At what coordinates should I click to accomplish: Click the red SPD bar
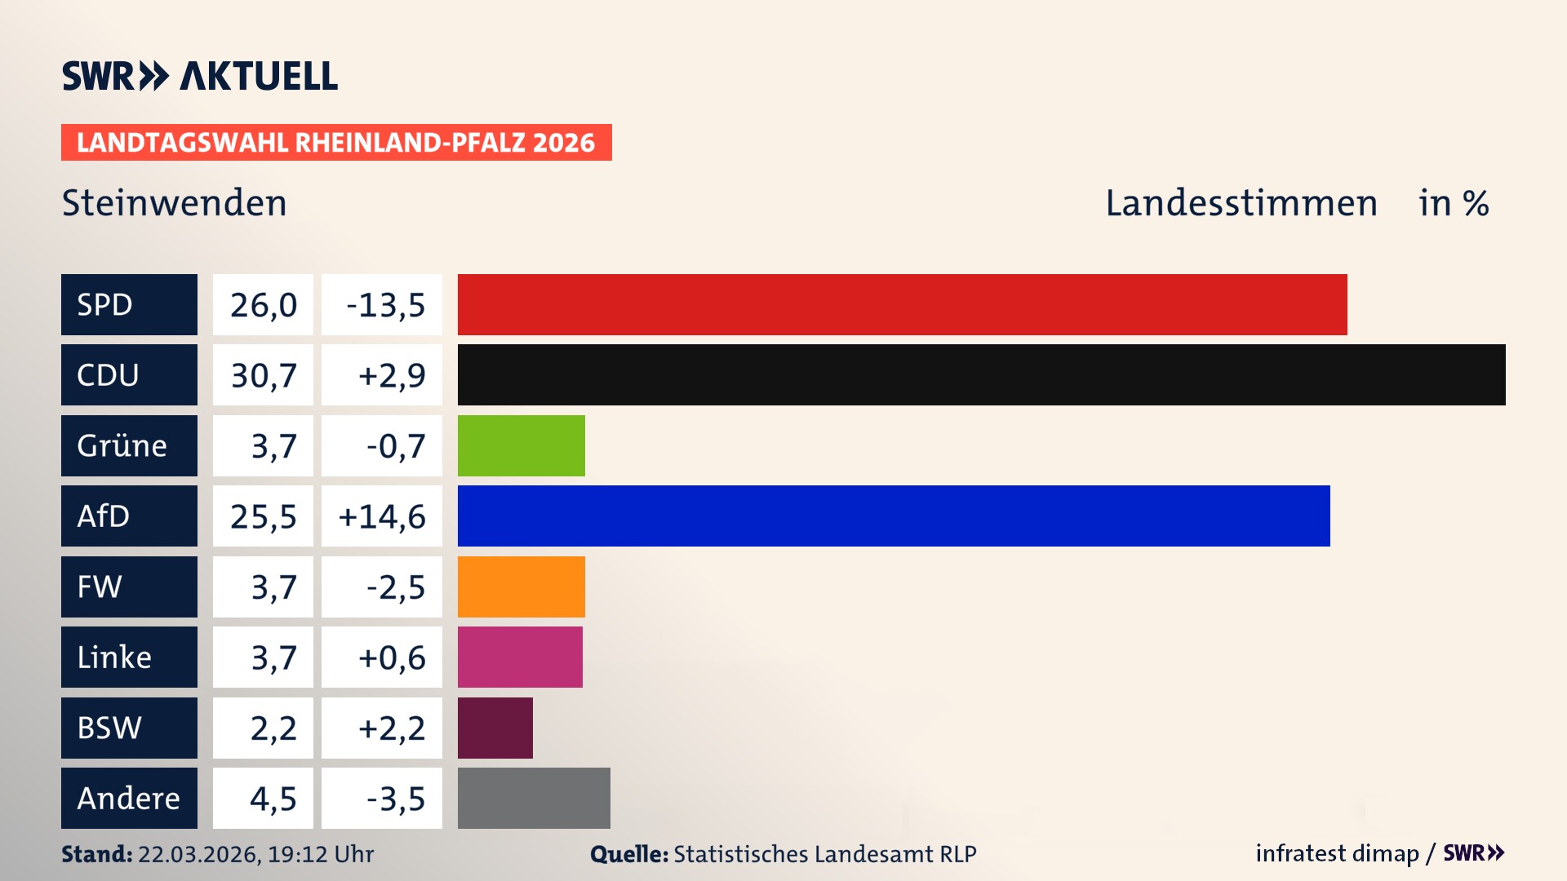(902, 304)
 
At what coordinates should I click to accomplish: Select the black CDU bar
(981, 374)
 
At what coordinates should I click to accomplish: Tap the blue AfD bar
(894, 516)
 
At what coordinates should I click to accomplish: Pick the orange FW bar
(521, 587)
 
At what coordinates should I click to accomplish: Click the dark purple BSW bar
(495, 728)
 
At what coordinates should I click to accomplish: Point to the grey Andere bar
(534, 798)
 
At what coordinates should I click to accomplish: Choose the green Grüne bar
(521, 445)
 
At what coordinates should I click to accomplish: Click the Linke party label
(129, 657)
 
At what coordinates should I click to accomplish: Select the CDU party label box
(129, 374)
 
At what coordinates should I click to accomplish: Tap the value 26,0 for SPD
(263, 304)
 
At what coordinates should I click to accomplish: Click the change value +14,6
(382, 516)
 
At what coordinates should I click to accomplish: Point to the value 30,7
(263, 374)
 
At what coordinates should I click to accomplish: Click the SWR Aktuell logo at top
(199, 76)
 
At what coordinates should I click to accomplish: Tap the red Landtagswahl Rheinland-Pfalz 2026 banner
(336, 142)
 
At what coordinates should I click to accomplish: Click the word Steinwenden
(174, 202)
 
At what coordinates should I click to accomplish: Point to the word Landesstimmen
(1241, 202)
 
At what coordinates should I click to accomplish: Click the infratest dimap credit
(1337, 853)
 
